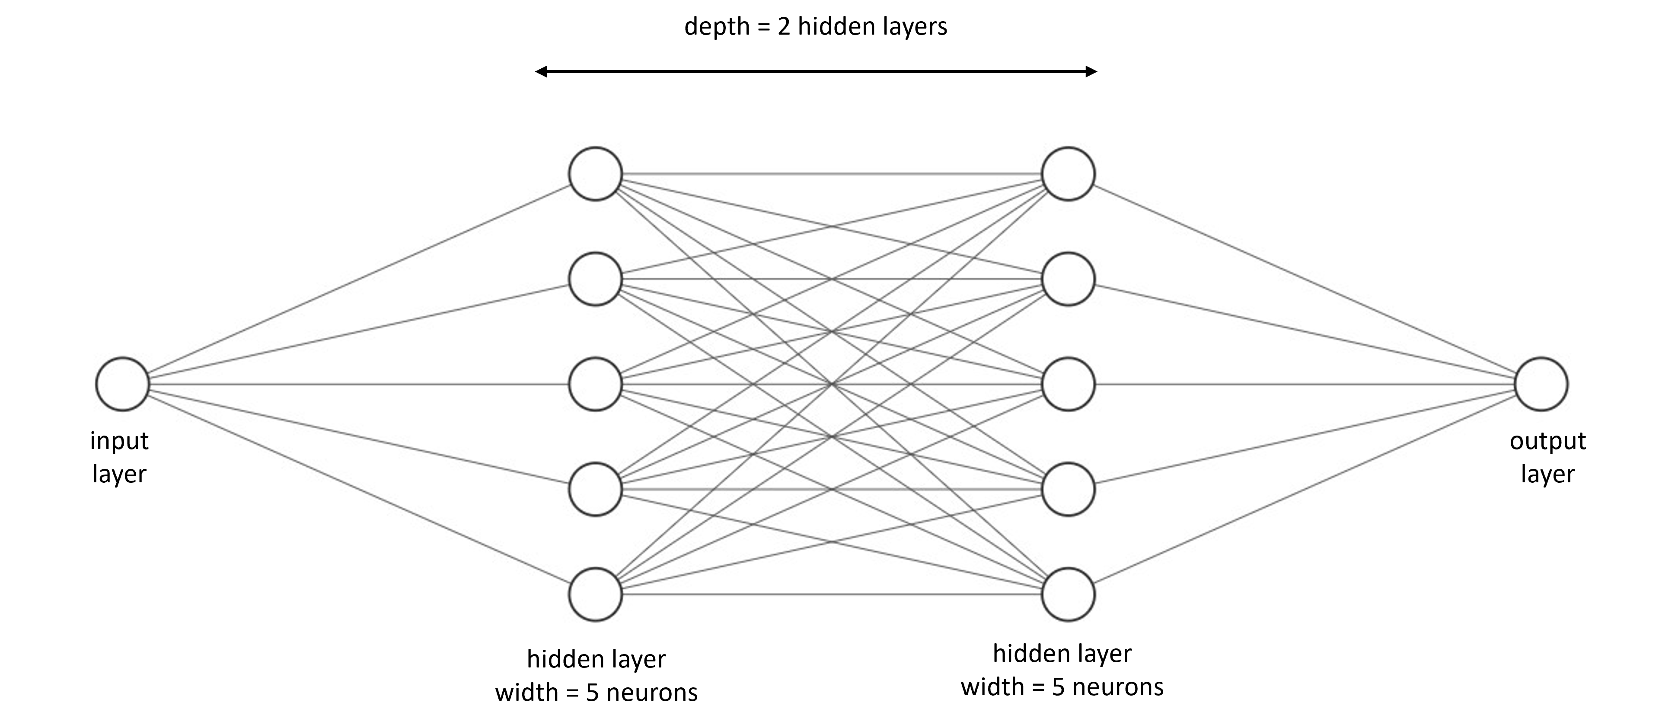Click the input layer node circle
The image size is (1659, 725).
point(122,384)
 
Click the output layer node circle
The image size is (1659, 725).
point(1541,384)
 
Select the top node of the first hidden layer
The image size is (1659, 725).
point(595,174)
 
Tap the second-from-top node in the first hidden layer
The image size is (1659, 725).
point(595,279)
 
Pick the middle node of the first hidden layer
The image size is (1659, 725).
point(595,384)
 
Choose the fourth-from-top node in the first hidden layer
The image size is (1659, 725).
point(595,489)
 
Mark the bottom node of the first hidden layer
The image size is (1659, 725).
point(595,594)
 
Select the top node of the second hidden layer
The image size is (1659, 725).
point(1068,174)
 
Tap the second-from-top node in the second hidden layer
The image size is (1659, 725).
point(1068,279)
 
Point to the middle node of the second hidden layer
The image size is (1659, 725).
point(1068,384)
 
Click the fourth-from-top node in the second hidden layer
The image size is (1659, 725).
point(1068,489)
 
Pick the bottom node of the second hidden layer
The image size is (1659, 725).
point(1068,594)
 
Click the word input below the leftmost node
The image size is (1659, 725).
point(119,441)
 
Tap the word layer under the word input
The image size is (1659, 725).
point(119,474)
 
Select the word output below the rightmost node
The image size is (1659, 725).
point(1547,441)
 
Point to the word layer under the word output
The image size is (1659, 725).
point(1547,474)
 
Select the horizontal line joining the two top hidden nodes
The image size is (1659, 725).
point(831,174)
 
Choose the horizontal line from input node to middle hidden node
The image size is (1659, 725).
point(359,384)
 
